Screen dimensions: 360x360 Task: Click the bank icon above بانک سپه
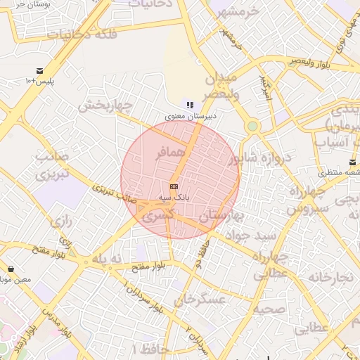[173, 186]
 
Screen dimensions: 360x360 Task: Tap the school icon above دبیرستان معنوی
[190, 104]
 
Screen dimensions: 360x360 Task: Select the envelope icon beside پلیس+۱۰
[39, 71]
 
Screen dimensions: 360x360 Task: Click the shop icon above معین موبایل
[11, 269]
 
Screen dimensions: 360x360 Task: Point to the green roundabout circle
[252, 127]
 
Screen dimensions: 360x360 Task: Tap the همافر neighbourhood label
[170, 151]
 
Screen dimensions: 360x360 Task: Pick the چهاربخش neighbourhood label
[105, 106]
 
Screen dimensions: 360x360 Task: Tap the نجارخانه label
[331, 277]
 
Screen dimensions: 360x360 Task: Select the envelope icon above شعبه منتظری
[352, 162]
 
